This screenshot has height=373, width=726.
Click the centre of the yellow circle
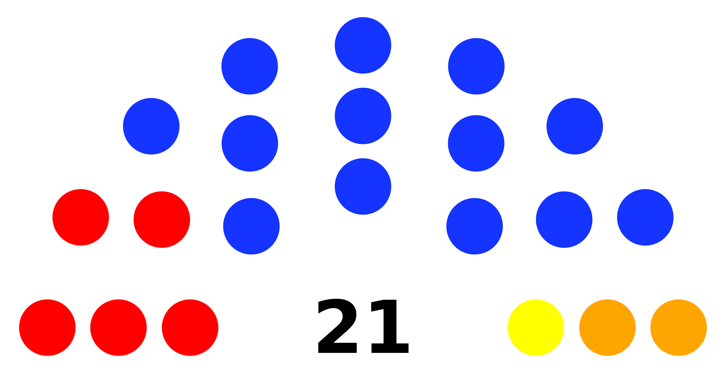(536, 327)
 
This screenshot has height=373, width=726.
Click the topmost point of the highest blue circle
(363, 17)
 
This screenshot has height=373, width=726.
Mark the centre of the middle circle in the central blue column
(363, 116)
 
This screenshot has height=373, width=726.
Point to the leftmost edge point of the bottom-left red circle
(19, 327)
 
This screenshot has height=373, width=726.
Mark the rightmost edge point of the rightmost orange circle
(707, 327)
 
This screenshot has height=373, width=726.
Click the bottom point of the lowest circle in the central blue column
(363, 215)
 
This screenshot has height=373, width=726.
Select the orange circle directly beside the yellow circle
(607, 327)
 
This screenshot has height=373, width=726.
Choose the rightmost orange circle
(678, 327)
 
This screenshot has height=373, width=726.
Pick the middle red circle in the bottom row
(118, 327)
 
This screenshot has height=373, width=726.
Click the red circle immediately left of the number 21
(190, 327)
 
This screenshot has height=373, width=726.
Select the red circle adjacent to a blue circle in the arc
(162, 219)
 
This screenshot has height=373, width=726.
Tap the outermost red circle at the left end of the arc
(81, 217)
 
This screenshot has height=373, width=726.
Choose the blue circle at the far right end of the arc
(645, 217)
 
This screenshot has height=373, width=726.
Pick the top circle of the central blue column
(363, 45)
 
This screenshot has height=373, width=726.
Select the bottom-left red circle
(47, 327)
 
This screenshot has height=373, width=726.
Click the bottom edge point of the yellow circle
(536, 356)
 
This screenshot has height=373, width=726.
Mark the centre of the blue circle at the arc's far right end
(645, 217)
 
